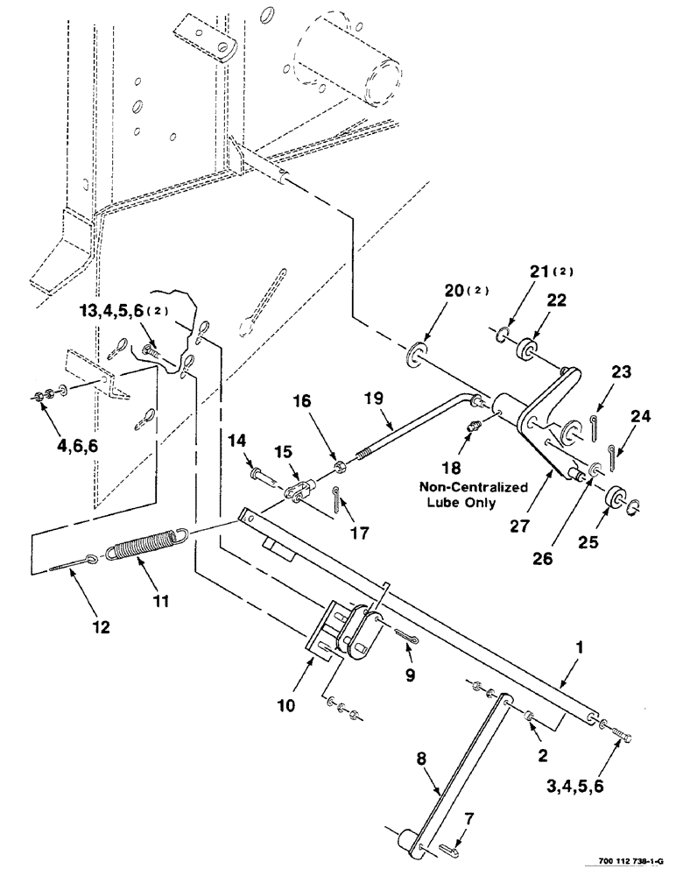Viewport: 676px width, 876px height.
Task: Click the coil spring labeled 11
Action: tap(145, 545)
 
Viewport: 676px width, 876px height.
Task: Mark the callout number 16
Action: tap(327, 402)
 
